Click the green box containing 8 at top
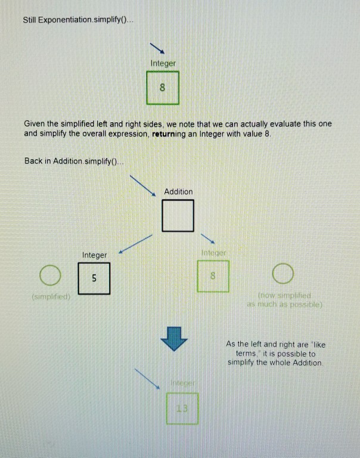click(162, 88)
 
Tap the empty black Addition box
click(178, 215)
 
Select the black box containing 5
click(94, 278)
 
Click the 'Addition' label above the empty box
click(178, 191)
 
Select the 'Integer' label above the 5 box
click(94, 255)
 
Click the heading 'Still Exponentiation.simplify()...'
click(79, 20)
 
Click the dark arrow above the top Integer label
click(157, 47)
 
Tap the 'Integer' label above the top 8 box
click(163, 63)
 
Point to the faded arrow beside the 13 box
click(146, 378)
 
